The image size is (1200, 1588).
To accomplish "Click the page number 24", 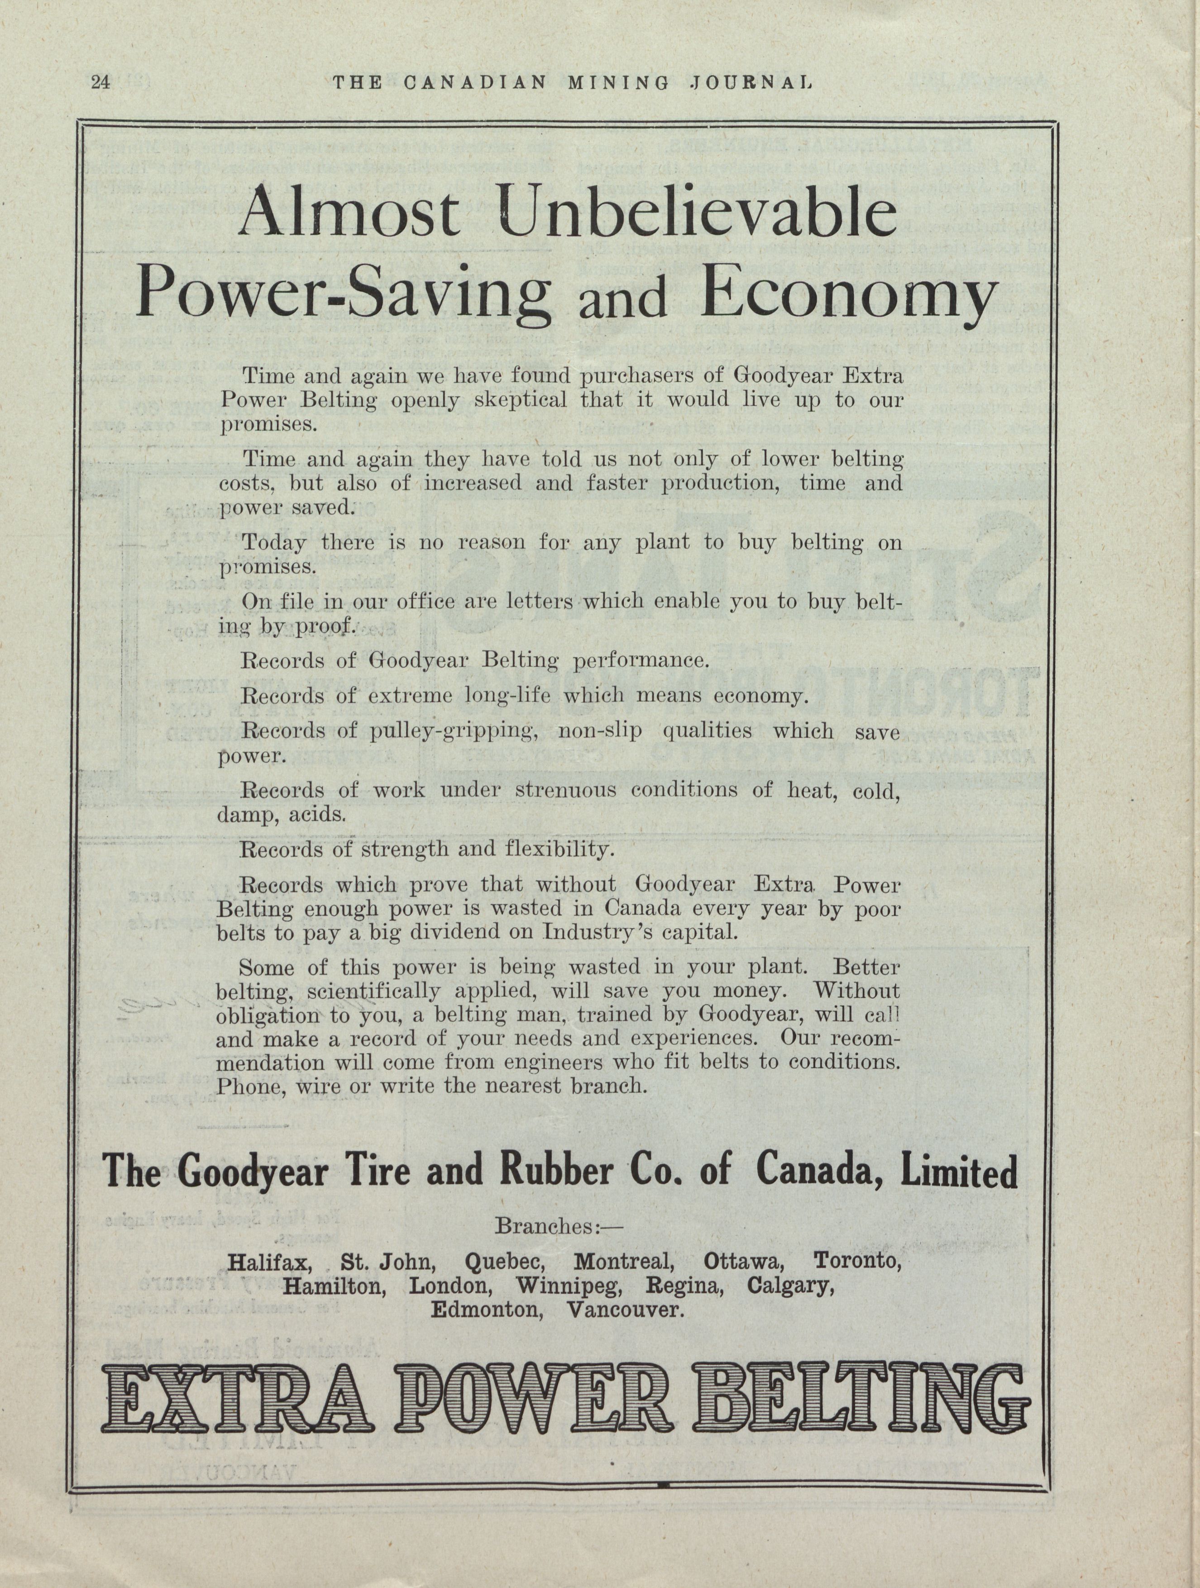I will point(100,82).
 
